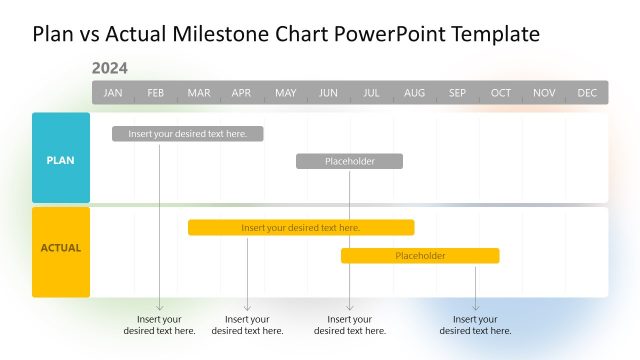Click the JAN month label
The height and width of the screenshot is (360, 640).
click(x=113, y=93)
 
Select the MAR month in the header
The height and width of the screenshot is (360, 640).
click(x=199, y=93)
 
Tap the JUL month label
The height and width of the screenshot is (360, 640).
click(x=371, y=93)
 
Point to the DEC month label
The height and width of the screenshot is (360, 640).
click(x=587, y=93)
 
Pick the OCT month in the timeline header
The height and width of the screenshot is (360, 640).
click(x=501, y=93)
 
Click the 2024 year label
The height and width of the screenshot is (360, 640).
click(x=109, y=69)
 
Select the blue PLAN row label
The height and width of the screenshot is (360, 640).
click(x=61, y=159)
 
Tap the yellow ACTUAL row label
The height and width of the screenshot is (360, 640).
click(x=61, y=248)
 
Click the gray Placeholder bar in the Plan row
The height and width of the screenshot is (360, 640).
click(x=349, y=161)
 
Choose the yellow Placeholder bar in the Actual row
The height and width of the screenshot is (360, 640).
click(x=420, y=256)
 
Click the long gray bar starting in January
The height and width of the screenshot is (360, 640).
click(x=188, y=134)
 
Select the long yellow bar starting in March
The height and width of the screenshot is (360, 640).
click(x=301, y=228)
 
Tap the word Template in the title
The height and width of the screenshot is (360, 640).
click(x=495, y=34)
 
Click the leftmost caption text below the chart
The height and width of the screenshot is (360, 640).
click(x=160, y=325)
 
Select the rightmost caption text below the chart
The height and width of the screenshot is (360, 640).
click(x=475, y=325)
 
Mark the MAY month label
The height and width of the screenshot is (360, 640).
click(x=285, y=93)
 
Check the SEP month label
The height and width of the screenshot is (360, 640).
click(x=457, y=93)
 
